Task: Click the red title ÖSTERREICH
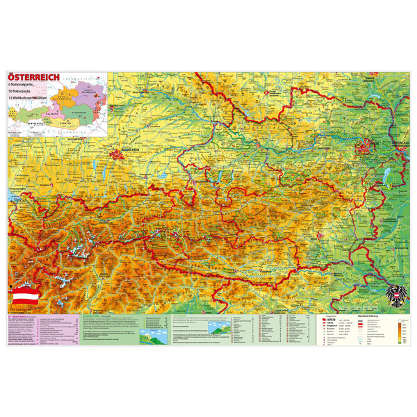coord(33,76)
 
